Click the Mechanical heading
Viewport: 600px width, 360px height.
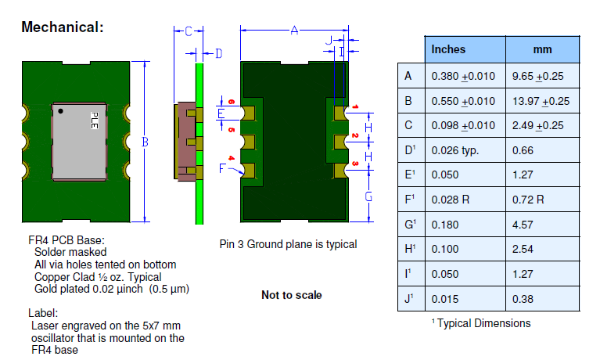pyautogui.click(x=62, y=27)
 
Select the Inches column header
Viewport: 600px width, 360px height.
pyautogui.click(x=448, y=49)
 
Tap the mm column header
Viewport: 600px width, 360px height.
pyautogui.click(x=542, y=49)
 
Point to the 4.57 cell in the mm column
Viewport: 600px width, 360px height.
pyautogui.click(x=523, y=225)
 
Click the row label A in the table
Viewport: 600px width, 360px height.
pyautogui.click(x=408, y=76)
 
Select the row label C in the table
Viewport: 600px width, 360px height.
pyautogui.click(x=408, y=125)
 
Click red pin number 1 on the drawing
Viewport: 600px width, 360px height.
pyautogui.click(x=354, y=106)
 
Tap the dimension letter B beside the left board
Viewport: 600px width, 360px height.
pyautogui.click(x=145, y=142)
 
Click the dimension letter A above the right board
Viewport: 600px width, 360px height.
pyautogui.click(x=294, y=31)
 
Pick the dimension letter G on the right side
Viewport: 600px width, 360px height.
pyautogui.click(x=368, y=196)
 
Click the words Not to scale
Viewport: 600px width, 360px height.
pyautogui.click(x=291, y=295)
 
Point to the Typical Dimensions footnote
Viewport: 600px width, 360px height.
pyautogui.click(x=480, y=323)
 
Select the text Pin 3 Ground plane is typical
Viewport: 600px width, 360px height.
pyautogui.click(x=289, y=244)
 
